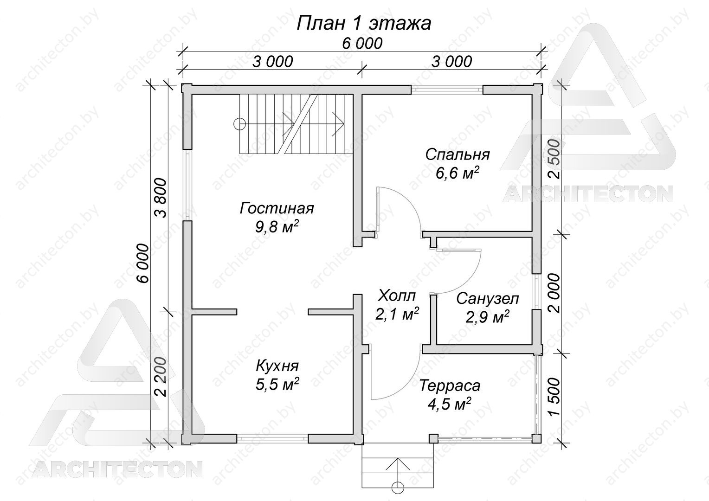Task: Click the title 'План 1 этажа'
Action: click(x=364, y=23)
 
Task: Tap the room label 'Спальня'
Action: click(x=458, y=155)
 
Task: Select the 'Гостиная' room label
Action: click(x=277, y=209)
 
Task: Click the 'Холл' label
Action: click(x=397, y=296)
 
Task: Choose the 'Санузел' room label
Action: click(x=487, y=299)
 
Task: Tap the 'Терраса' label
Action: click(x=450, y=385)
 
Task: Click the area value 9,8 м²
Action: click(x=277, y=227)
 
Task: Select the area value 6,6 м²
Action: click(x=458, y=173)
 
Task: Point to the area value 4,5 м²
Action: click(x=450, y=404)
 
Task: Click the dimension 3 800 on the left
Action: click(x=161, y=198)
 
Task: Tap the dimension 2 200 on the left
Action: click(x=161, y=377)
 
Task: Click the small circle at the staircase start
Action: click(x=239, y=124)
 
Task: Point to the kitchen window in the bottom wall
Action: click(x=272, y=439)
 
